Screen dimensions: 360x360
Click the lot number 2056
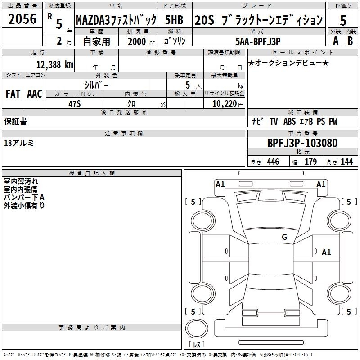click(22, 19)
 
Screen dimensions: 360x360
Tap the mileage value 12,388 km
click(55, 64)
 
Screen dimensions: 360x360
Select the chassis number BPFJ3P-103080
click(302, 143)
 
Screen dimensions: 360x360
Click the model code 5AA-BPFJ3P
click(258, 41)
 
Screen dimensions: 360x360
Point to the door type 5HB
click(174, 20)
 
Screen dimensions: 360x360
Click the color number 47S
click(75, 104)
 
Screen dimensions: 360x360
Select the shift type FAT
click(13, 94)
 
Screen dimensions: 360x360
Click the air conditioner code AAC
click(35, 94)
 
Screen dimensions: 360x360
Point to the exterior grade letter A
click(336, 41)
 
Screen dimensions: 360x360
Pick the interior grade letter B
click(350, 41)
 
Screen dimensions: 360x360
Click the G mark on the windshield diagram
click(284, 237)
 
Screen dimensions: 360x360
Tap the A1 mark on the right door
click(326, 252)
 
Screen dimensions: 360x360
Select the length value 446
click(273, 162)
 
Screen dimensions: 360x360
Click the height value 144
click(346, 162)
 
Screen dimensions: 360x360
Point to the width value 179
click(310, 162)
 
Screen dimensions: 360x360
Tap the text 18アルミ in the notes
click(19, 143)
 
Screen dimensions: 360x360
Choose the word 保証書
click(15, 121)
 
